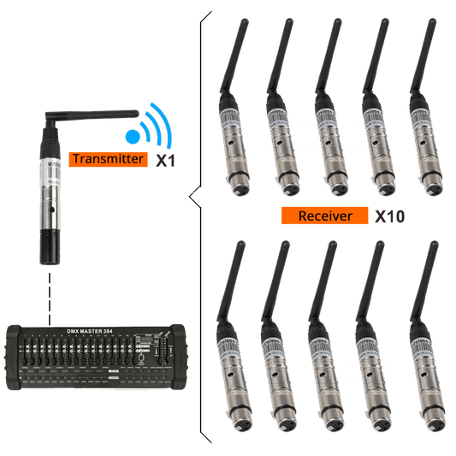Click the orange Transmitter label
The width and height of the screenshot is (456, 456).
(x=108, y=159)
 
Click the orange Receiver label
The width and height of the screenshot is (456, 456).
(x=325, y=216)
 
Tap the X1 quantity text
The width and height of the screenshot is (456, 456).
(x=166, y=160)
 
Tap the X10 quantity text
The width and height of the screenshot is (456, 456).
(x=389, y=216)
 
